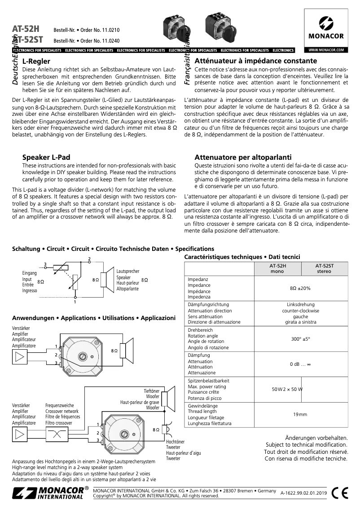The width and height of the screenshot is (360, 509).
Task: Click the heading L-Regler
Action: point(36,61)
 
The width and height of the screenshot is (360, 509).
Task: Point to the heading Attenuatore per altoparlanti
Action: point(243,157)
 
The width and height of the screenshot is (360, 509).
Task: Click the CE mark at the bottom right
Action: point(341,492)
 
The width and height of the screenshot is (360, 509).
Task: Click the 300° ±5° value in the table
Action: point(300,339)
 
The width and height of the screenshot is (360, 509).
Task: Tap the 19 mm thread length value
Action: point(300,414)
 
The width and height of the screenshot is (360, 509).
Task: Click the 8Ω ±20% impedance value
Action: point(300,288)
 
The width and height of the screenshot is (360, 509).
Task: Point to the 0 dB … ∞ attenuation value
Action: point(300,364)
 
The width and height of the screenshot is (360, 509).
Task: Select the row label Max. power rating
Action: point(207,386)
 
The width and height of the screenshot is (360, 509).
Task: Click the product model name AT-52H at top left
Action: point(26,29)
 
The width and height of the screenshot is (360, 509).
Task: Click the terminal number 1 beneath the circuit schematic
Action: point(75,302)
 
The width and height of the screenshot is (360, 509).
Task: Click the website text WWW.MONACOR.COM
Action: point(326,50)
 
